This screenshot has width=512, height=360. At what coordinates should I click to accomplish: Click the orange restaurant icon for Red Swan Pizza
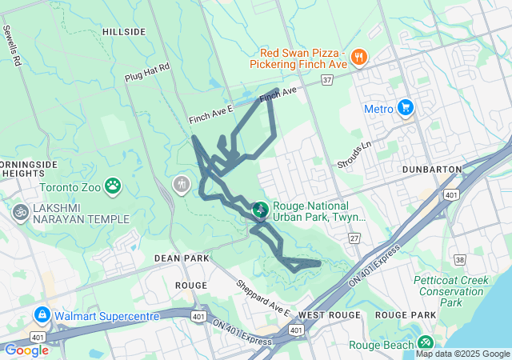point(359,57)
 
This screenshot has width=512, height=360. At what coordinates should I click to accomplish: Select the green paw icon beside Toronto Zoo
point(114,187)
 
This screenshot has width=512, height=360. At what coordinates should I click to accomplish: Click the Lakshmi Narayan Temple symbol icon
point(19,213)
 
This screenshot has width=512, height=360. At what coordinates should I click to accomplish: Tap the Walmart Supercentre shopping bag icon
point(42,315)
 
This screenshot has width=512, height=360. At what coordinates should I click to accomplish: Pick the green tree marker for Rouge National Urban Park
point(260,210)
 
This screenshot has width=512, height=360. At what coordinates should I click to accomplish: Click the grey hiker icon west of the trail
point(183,185)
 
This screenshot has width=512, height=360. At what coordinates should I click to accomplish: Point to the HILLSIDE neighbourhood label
point(124,32)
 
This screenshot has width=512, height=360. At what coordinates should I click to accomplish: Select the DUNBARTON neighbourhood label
point(434,170)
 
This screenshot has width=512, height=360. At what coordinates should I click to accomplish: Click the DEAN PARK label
point(182,258)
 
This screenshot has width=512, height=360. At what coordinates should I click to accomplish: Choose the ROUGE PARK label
point(404,315)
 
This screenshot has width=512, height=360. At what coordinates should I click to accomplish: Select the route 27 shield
point(354,238)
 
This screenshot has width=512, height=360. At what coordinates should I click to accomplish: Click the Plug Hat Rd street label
point(148,74)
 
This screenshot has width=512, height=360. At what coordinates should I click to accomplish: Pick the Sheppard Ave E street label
point(262,297)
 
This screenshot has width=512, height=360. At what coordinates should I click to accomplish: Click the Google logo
point(26,350)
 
